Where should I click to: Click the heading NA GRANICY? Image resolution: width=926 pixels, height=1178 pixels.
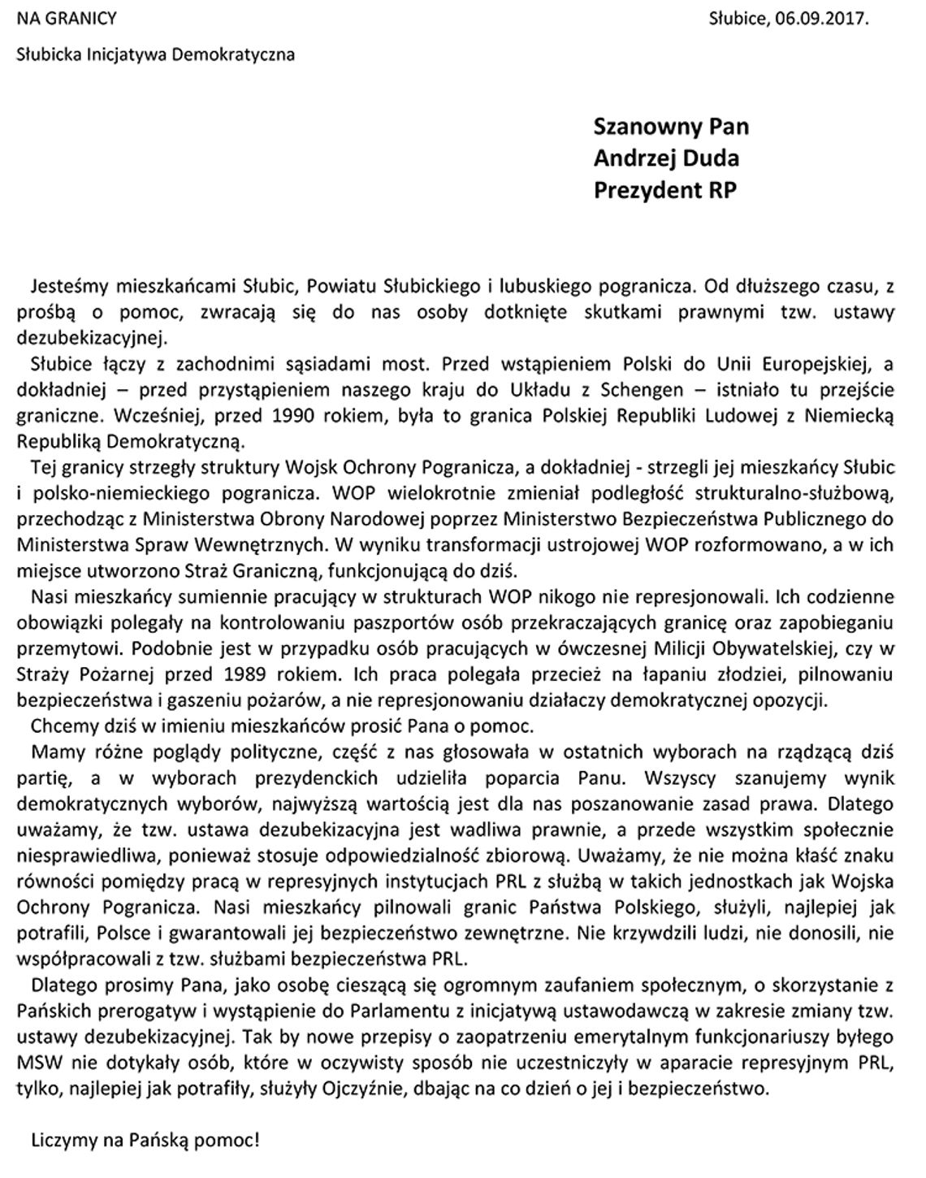67,18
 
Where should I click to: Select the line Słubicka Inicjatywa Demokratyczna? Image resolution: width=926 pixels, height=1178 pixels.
156,54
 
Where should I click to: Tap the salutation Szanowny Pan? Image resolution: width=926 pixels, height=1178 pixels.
671,127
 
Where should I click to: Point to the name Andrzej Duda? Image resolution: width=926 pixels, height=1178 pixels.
666,158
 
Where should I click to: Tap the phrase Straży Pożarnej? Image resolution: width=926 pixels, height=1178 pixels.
76,673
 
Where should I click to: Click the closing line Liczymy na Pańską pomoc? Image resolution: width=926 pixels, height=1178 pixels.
145,1140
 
